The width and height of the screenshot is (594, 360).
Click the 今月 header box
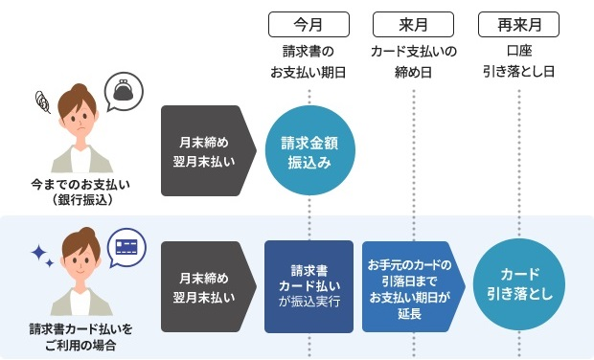(x=308, y=25)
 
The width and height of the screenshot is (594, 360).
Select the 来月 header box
(x=413, y=25)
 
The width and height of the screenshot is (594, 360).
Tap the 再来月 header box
(x=518, y=25)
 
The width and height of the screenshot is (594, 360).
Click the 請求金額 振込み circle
(x=309, y=150)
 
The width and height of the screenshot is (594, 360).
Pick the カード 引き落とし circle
(x=519, y=284)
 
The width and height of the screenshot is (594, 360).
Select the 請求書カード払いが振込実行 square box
(x=309, y=286)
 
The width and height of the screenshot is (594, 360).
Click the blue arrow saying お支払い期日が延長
(x=414, y=286)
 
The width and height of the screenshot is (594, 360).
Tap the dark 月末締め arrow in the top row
(x=209, y=150)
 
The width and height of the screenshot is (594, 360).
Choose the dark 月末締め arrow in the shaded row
(x=209, y=286)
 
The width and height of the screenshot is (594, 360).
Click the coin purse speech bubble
(x=124, y=92)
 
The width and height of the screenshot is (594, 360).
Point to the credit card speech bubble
(x=126, y=248)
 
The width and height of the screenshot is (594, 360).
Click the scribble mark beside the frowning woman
(x=42, y=101)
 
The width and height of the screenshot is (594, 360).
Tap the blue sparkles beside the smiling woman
(x=42, y=256)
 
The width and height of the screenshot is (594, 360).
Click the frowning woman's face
(x=80, y=117)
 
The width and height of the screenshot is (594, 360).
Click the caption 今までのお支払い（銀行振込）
(x=80, y=191)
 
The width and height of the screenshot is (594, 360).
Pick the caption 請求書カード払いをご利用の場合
(x=80, y=336)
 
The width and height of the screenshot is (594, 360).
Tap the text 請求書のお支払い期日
(x=308, y=61)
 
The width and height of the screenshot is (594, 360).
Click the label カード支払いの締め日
(x=414, y=61)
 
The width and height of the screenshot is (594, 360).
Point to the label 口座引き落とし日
(x=519, y=61)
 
